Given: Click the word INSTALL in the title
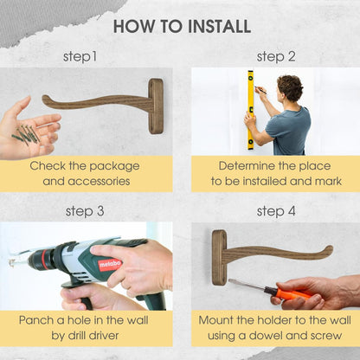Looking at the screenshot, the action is (220, 27).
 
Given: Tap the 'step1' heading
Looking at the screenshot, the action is (80, 56).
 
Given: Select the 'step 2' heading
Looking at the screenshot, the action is (276, 56).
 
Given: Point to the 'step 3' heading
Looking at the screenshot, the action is (85, 211).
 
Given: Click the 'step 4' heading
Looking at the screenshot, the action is (276, 211).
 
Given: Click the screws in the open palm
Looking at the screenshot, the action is (26, 135).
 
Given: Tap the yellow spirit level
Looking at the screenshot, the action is (251, 110).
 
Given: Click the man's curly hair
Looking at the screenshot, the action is (290, 87).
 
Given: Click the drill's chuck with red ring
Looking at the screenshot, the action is (41, 258).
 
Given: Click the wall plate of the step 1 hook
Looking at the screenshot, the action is (156, 106).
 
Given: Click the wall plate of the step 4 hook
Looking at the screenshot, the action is (219, 258).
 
